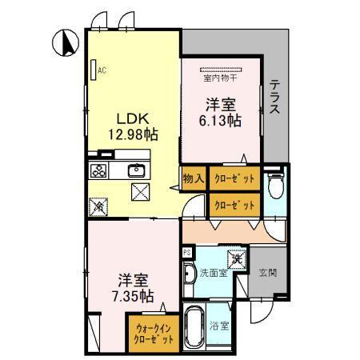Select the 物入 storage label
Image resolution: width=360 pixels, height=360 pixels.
coord(192,178)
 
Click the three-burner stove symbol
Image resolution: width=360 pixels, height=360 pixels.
coord(99,170)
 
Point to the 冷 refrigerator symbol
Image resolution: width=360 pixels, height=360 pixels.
coord(99,206)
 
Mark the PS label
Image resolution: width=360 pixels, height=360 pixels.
coord(187,252)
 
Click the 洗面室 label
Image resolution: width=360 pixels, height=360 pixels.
coord(213,273)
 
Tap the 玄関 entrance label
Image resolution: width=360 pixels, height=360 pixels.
coord(266,273)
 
